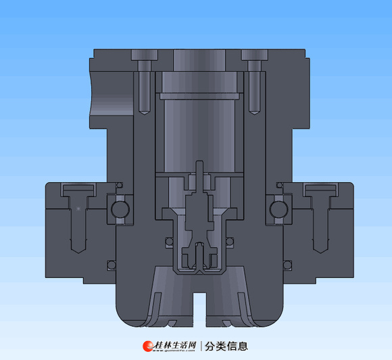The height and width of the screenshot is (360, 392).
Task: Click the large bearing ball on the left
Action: coord(120,209)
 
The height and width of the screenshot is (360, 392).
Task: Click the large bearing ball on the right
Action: coord(278,209)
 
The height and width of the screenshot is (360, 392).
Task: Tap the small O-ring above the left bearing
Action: coord(120,185)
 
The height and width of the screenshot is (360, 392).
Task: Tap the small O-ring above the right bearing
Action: coord(279,185)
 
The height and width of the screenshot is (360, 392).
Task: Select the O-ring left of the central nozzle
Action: coord(169,242)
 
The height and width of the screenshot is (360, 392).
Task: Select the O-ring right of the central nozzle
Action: coord(230,242)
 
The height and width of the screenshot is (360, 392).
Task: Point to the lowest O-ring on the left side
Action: coord(112,265)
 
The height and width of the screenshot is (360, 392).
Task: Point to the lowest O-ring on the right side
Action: coord(287,265)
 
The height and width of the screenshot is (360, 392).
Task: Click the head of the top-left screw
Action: coord(145,55)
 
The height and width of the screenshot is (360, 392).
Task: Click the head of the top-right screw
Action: coord(255,55)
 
